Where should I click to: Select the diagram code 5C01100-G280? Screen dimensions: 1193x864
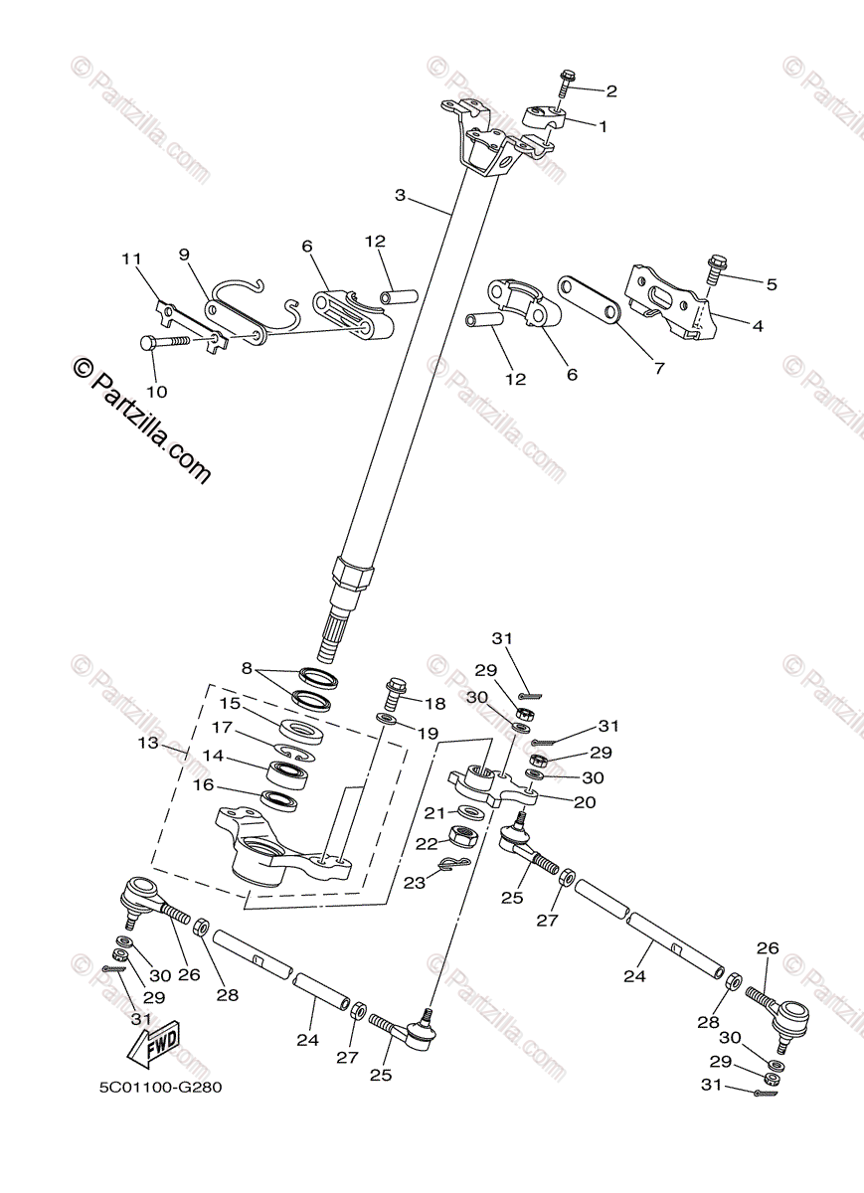[x=160, y=1087]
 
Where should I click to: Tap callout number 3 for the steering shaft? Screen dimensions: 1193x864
[x=400, y=195]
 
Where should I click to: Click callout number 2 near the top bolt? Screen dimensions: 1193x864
[x=610, y=91]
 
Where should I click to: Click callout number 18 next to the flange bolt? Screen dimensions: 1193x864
[x=434, y=704]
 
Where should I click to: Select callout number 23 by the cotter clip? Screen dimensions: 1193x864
[x=414, y=881]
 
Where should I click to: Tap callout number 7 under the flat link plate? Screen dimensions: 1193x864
[x=657, y=368]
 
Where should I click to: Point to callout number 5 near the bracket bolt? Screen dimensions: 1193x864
[x=771, y=283]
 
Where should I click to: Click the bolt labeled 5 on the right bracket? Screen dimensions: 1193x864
[x=716, y=268]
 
